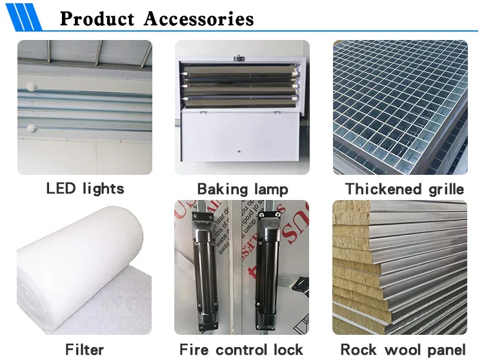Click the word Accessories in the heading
[x=199, y=18]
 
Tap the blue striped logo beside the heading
[x=25, y=16]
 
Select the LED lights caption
[x=85, y=189]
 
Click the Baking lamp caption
[x=242, y=190]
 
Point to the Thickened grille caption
[x=405, y=190]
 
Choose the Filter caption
[x=85, y=350]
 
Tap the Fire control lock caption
[x=241, y=350]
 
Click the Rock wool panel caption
[x=403, y=350]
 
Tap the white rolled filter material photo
[x=85, y=267]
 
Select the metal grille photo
[x=400, y=106]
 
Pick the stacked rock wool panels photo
[x=400, y=267]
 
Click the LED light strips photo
[x=85, y=106]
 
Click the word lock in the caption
[x=288, y=350]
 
